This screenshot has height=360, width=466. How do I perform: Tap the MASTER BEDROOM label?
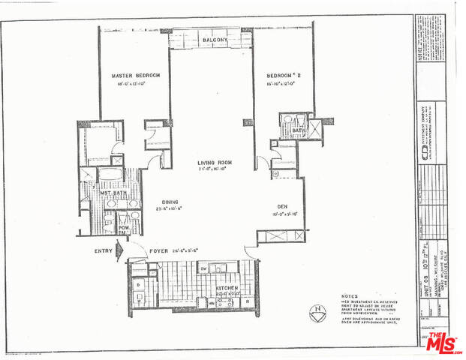click(x=137, y=76)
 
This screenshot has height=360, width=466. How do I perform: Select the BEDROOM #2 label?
click(x=283, y=76)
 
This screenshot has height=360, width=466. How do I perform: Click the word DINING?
click(x=169, y=201)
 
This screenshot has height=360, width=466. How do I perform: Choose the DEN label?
click(x=282, y=206)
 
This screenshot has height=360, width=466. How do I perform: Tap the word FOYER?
click(x=159, y=252)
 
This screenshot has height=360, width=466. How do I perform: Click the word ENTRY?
click(x=104, y=252)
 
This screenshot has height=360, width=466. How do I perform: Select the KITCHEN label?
click(x=227, y=288)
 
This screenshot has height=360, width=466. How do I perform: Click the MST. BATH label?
click(x=113, y=193)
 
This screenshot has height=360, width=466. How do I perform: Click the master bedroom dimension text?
click(x=136, y=85)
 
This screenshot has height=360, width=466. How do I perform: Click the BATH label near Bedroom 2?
click(x=296, y=130)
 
